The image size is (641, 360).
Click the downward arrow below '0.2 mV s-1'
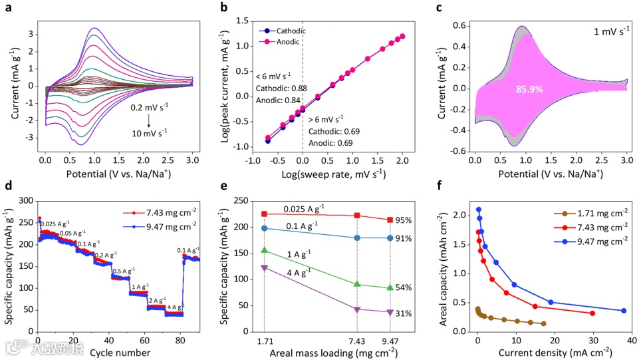[150, 122]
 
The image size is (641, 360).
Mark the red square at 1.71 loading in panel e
[265, 214]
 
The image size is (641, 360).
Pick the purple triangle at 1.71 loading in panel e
[265, 268]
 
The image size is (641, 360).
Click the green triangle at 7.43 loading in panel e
[358, 284]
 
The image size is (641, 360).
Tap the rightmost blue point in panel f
[623, 311]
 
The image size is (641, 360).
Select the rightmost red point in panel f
[592, 313]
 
